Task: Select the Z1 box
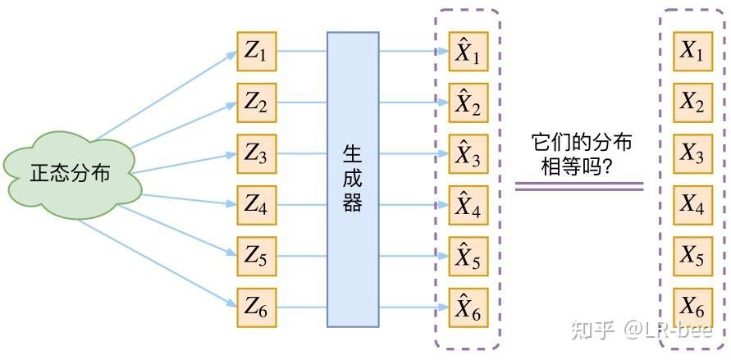[257, 52]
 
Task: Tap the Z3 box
[257, 154]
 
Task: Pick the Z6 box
[257, 308]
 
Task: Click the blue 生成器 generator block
[353, 180]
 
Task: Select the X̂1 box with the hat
[468, 52]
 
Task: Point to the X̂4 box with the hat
[468, 206]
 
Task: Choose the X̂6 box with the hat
[468, 308]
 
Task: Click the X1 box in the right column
[692, 52]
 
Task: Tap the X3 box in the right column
[692, 154]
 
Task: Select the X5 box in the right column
[692, 257]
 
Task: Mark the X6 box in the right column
[692, 308]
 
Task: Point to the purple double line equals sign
[579, 187]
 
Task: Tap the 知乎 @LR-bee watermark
[640, 330]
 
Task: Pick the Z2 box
[257, 103]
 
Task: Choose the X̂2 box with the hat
[468, 103]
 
